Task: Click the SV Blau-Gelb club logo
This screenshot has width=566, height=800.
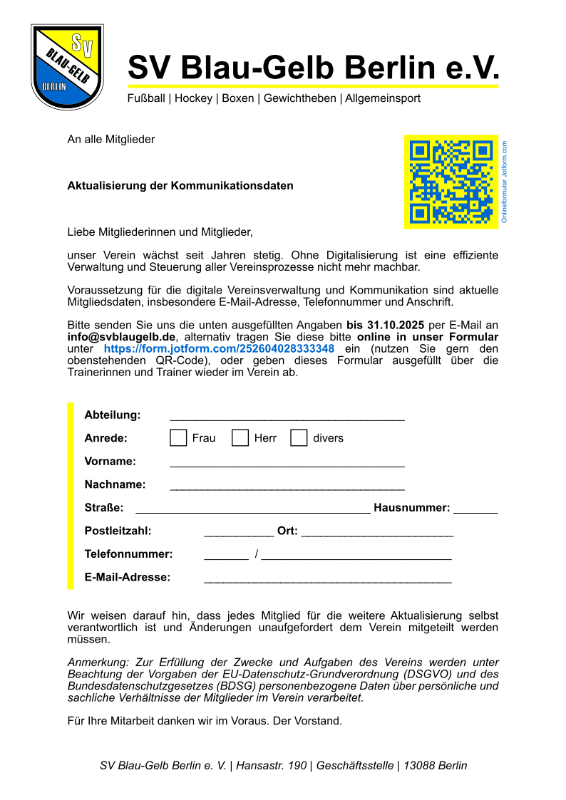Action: (67, 67)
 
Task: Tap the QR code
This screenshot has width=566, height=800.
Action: (451, 182)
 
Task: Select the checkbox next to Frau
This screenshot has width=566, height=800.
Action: (178, 438)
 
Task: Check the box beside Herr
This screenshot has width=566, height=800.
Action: (240, 438)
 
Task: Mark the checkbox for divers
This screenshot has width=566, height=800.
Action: (299, 438)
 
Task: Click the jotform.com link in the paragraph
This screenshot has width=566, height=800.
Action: (219, 349)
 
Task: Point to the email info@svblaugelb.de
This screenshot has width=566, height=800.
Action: (121, 337)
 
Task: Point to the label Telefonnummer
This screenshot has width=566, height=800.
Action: (128, 554)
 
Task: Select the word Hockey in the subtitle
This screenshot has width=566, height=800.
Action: (195, 98)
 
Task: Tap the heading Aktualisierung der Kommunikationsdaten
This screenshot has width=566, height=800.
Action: (180, 186)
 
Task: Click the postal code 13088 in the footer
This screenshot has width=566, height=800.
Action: (419, 766)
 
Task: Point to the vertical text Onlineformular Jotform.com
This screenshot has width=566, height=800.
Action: (504, 182)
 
